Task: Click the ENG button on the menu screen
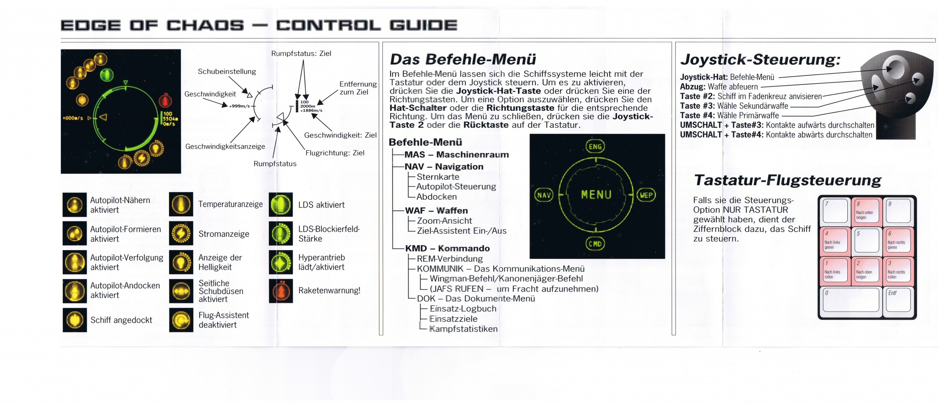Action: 595,147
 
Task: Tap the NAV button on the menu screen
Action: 544,195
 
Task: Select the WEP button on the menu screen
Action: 646,195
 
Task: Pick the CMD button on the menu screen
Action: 595,244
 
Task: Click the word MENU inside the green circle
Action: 596,195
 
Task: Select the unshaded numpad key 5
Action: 867,241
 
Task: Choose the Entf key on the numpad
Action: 898,300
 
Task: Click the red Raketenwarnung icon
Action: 281,291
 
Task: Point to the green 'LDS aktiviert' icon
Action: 281,205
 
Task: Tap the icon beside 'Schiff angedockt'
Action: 75,320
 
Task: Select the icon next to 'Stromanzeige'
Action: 181,234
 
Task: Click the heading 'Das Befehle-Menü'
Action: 463,60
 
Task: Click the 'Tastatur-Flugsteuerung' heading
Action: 787,180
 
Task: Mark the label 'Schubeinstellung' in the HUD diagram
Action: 227,71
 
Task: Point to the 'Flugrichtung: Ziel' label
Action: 335,153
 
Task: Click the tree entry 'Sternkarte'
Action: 438,177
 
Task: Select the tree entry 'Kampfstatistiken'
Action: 463,329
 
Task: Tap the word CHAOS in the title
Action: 205,25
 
